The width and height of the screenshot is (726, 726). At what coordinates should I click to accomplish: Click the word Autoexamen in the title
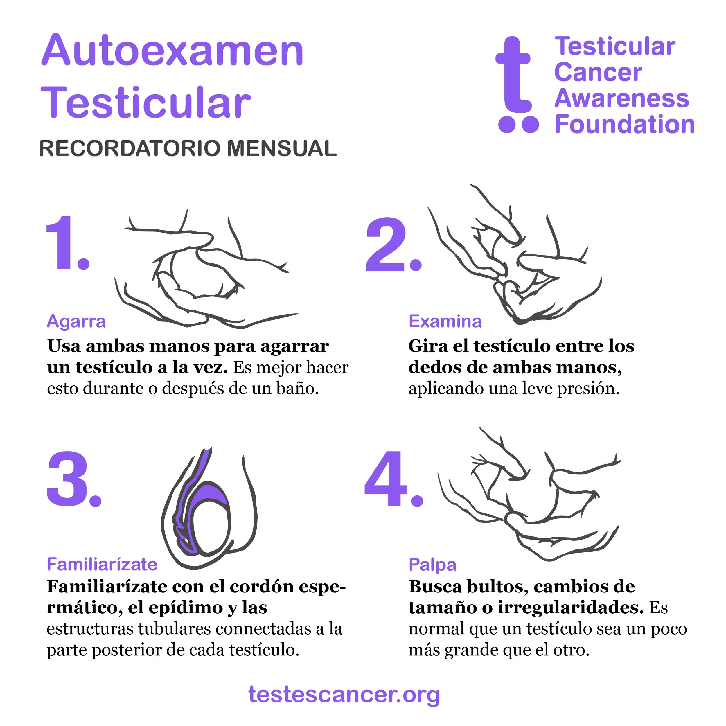point(172,51)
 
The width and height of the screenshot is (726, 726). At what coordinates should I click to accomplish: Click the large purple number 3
point(74,479)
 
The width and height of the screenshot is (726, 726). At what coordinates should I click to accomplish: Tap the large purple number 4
point(393,479)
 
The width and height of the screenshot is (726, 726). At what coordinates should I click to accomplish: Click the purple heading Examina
point(445,321)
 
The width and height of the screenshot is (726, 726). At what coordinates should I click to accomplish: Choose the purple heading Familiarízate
point(102,565)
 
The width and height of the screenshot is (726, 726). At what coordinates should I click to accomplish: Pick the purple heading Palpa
point(432,565)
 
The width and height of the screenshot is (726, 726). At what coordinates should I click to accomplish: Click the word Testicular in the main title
point(146,103)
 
